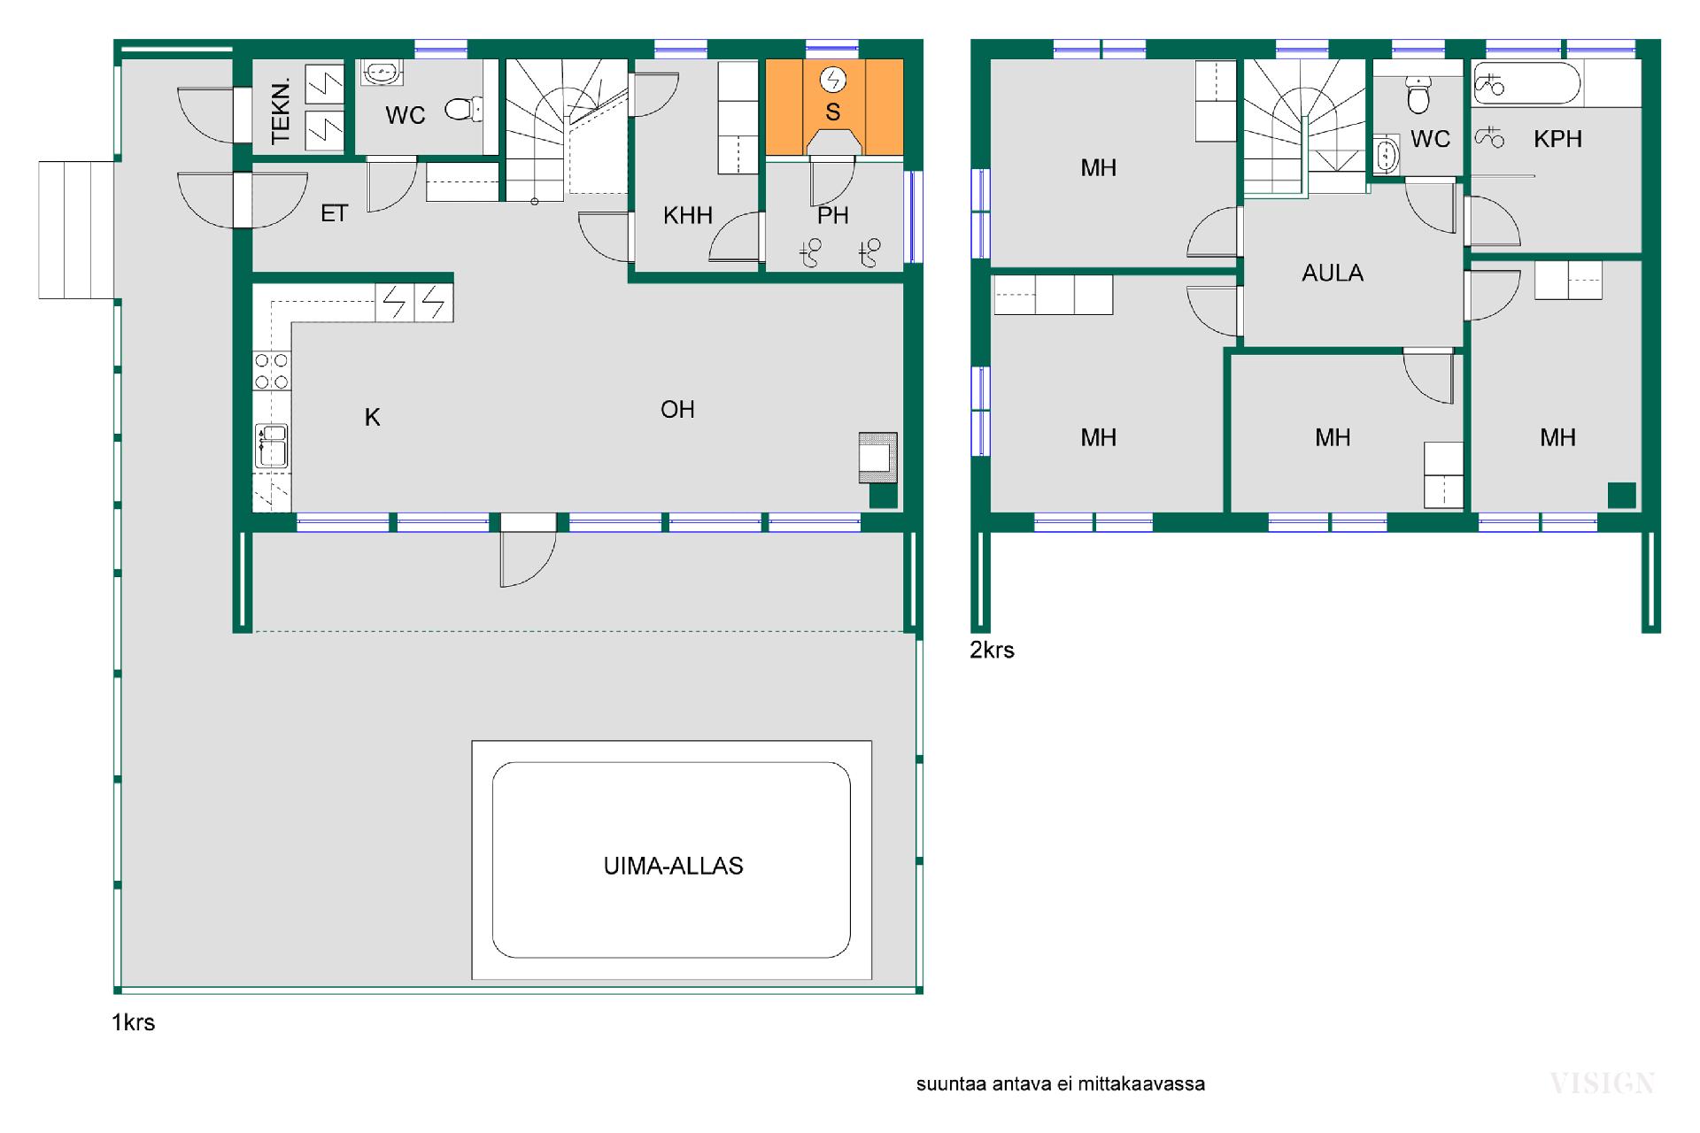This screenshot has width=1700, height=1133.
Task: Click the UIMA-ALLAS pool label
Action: click(673, 866)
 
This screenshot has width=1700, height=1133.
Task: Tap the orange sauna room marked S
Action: click(834, 107)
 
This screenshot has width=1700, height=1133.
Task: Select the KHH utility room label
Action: click(688, 215)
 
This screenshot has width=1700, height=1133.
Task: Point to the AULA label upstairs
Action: click(1333, 273)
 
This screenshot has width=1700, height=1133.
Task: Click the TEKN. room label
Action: click(281, 112)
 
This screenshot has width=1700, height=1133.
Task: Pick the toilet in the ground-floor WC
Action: click(463, 109)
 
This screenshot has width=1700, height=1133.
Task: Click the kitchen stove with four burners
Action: click(271, 371)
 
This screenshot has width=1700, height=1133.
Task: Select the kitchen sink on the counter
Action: click(271, 445)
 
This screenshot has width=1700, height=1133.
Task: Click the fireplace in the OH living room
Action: click(878, 457)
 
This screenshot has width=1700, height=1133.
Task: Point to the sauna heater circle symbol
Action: click(832, 81)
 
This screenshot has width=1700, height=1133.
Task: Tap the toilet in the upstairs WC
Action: click(1418, 95)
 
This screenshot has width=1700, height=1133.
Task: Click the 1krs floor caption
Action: click(133, 1022)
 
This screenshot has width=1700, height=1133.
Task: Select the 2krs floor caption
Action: click(992, 650)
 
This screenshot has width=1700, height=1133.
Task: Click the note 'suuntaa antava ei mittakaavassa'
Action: click(1060, 1083)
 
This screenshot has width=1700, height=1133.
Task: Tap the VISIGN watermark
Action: click(1602, 1083)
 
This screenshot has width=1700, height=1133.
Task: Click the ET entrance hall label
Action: click(334, 213)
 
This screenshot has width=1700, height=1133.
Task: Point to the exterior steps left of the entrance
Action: click(76, 229)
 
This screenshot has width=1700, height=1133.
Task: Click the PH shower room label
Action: click(832, 215)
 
